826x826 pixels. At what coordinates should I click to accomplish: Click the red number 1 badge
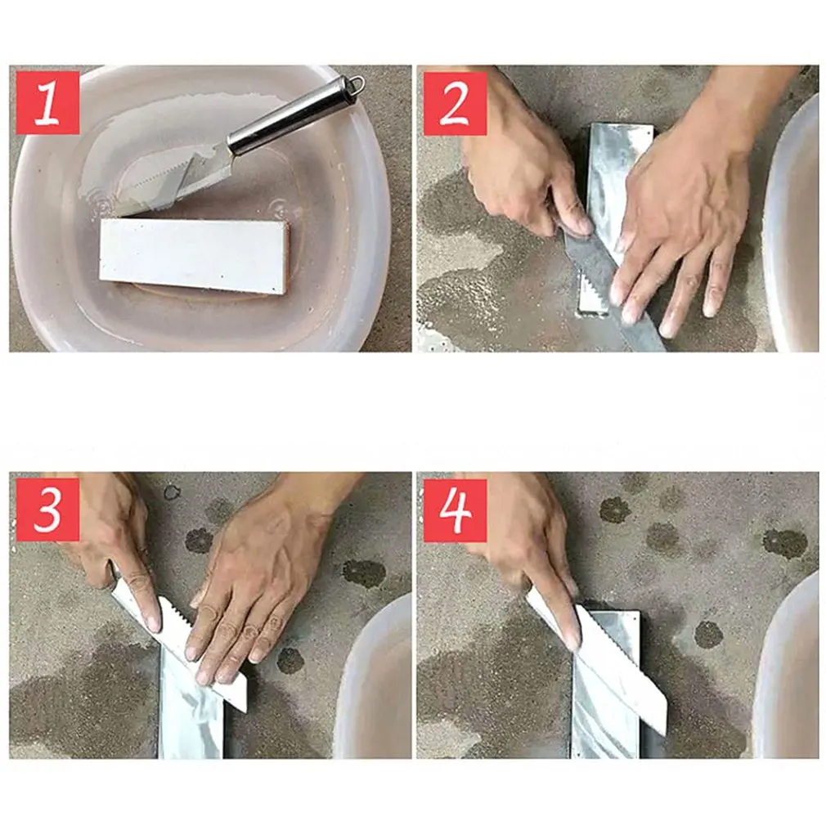pos(47,102)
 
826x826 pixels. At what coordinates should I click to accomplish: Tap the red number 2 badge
pos(455,102)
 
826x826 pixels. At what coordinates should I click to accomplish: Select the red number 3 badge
pos(47,510)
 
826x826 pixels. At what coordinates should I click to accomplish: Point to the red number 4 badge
pos(455,510)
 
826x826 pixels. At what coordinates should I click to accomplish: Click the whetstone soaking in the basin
pos(194,254)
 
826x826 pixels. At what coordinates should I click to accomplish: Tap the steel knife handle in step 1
pos(290,116)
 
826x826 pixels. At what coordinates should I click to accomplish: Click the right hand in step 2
pos(679,221)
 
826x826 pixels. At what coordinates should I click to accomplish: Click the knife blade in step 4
pos(622,671)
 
